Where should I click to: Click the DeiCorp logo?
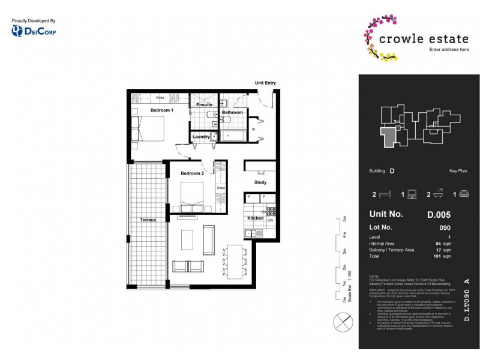pyautogui.click(x=34, y=31)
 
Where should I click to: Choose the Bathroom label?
pyautogui.click(x=232, y=112)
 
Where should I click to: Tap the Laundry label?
pyautogui.click(x=201, y=137)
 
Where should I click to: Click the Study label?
pyautogui.click(x=260, y=182)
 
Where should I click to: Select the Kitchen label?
pyautogui.click(x=255, y=218)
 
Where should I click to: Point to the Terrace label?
pyautogui.click(x=148, y=220)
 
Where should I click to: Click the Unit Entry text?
pyautogui.click(x=266, y=83)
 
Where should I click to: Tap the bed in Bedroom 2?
pyautogui.click(x=199, y=197)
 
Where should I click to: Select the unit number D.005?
pyautogui.click(x=439, y=214)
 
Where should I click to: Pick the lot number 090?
pyautogui.click(x=445, y=228)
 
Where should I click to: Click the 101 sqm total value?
pyautogui.click(x=445, y=256)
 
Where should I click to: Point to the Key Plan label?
pyautogui.click(x=458, y=171)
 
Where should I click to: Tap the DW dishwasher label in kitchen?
pyautogui.click(x=270, y=220)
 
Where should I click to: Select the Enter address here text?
pyautogui.click(x=449, y=49)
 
